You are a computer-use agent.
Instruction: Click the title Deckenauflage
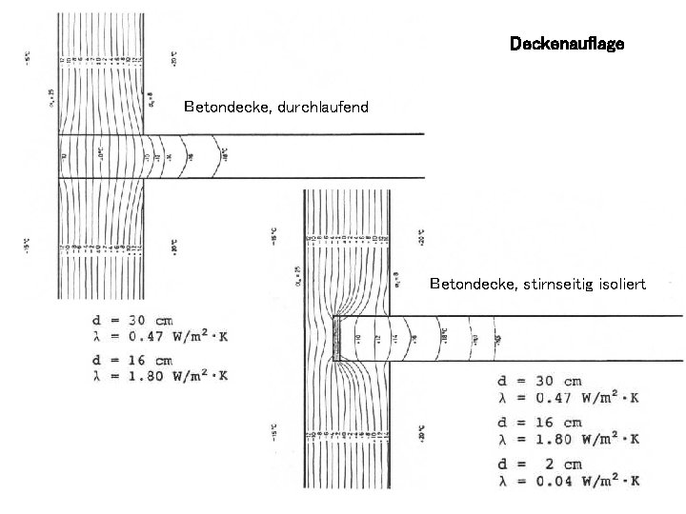point(567,44)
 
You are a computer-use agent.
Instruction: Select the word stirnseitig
point(564,284)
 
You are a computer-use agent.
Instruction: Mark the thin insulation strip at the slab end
point(335,339)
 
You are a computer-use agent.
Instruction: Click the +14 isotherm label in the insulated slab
point(393,339)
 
